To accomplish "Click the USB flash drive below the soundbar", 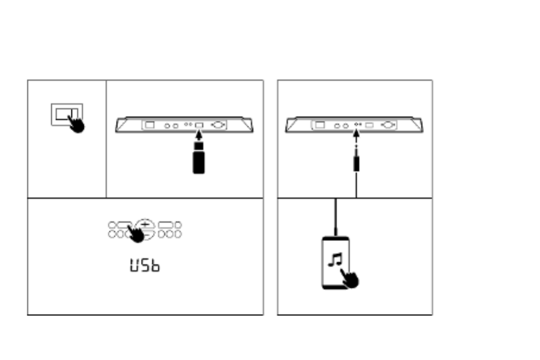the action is click(199, 160).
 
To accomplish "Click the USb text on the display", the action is click(145, 265).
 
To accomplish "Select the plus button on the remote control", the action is click(145, 224).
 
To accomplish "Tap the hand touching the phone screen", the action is click(350, 278).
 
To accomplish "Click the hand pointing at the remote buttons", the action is click(136, 234).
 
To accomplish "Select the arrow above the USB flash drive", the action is click(199, 136).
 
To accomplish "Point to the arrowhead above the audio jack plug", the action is click(356, 134).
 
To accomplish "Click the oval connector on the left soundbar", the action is click(218, 126).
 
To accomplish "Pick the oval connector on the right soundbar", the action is click(389, 125).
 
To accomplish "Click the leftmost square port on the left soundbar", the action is click(150, 125).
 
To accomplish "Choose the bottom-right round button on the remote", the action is click(178, 234).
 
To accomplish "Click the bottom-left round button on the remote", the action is click(112, 234).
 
